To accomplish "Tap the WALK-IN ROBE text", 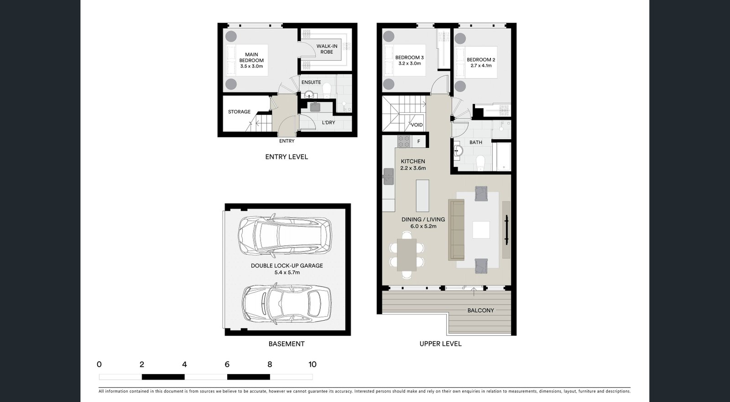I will (x=327, y=49).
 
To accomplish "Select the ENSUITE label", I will (x=311, y=82).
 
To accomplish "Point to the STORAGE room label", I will (x=239, y=112).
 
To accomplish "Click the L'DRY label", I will (x=328, y=122).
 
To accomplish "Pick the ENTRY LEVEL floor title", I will (x=287, y=157).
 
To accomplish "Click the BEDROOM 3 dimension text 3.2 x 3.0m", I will (x=409, y=63).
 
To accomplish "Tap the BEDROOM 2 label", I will (x=481, y=60).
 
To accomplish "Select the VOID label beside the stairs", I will (x=417, y=125).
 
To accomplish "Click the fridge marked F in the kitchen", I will (x=418, y=142).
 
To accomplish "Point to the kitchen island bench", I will (x=422, y=195).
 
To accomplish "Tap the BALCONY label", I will (x=480, y=310).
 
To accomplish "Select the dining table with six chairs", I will (x=407, y=255).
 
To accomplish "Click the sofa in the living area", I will (x=457, y=230).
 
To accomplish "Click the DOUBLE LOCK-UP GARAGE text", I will (x=287, y=266).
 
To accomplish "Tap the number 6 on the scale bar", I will (x=227, y=364).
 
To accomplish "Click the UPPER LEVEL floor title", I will (x=440, y=344).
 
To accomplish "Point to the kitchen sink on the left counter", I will (x=388, y=176).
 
